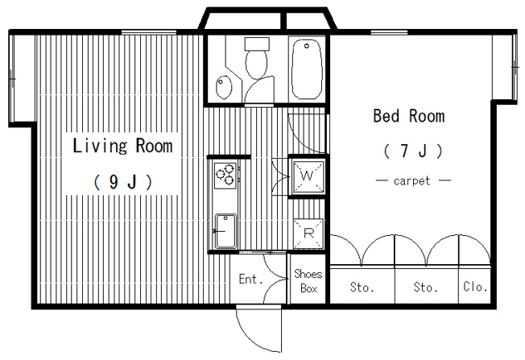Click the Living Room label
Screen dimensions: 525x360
(122, 146)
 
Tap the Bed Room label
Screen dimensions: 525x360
(409, 116)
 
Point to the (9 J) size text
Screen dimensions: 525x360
(123, 183)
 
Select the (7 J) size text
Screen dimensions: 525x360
(413, 151)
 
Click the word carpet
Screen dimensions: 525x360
(411, 181)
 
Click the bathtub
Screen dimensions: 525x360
(307, 69)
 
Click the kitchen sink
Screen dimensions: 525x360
(225, 231)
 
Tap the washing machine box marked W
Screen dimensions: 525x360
(308, 176)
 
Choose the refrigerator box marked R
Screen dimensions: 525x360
(308, 234)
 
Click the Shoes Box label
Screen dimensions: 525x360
(308, 281)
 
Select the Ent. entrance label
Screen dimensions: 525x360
(250, 279)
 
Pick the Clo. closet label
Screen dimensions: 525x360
(475, 287)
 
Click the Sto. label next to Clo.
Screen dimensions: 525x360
(426, 288)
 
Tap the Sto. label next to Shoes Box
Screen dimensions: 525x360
(362, 288)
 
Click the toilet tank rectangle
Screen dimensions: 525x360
(257, 43)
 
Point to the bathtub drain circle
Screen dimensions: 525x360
(307, 46)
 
